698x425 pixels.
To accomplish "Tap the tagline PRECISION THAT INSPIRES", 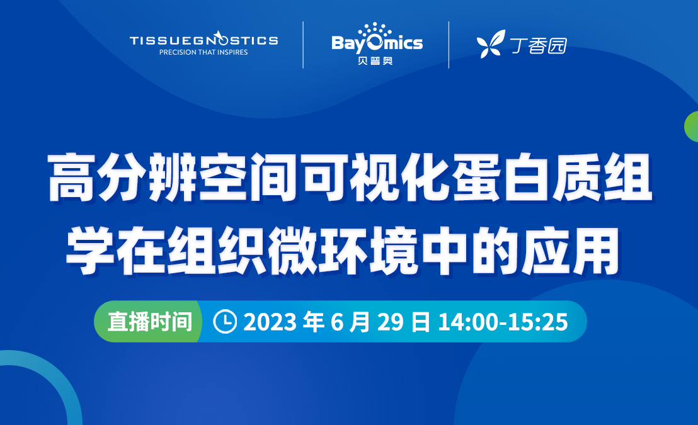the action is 203,52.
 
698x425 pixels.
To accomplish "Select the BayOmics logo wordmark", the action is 377,43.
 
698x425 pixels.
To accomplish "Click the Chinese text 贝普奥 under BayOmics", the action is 375,60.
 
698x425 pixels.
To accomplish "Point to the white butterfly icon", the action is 491,44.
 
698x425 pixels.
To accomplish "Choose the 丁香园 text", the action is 539,45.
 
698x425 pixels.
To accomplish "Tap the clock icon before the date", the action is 225,321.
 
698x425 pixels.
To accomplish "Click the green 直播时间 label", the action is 150,321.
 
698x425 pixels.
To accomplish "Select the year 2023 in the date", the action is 270,322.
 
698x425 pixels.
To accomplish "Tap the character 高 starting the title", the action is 72,177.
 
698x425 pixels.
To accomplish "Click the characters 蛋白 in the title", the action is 502,177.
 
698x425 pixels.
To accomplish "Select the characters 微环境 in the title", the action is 342,250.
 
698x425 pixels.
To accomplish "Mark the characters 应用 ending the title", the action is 571,250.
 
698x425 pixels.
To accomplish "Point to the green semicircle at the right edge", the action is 691,127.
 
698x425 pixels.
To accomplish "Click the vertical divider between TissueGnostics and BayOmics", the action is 303,45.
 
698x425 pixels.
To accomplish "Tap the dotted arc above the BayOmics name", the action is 375,30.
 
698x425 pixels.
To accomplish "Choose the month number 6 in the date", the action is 337,322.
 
